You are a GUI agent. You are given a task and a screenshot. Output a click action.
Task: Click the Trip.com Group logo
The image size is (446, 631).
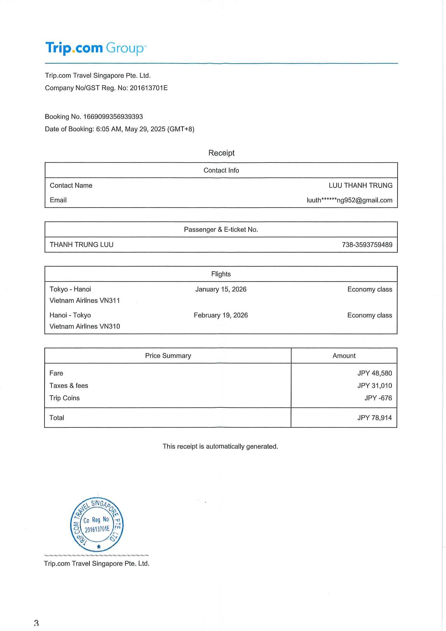[x=96, y=48]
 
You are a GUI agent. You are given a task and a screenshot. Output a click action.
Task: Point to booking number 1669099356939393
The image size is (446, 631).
[x=113, y=116]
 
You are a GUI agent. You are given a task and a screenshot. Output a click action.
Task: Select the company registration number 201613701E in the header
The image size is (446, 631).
[x=149, y=88]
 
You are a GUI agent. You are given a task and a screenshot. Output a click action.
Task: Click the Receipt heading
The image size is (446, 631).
[x=221, y=153]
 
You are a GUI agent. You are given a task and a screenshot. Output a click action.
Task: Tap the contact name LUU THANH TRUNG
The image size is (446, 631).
[x=360, y=186]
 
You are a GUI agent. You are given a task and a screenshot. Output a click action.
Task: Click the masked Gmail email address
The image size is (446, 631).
[x=349, y=200]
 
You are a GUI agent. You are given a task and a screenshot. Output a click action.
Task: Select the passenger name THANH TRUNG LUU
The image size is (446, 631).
[x=82, y=245]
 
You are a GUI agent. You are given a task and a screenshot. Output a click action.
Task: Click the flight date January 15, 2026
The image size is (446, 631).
[x=221, y=289]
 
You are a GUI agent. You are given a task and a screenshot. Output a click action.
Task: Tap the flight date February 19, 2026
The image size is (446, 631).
[x=221, y=315]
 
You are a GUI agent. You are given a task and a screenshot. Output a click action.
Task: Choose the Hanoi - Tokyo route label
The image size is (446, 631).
[x=70, y=315]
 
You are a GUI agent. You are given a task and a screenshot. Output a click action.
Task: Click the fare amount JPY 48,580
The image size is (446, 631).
[x=375, y=373]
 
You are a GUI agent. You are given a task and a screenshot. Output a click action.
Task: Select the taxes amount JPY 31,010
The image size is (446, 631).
[x=375, y=385]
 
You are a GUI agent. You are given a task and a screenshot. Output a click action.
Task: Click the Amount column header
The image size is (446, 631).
[x=344, y=356]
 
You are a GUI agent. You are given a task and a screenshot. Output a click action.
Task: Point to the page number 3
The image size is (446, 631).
[x=37, y=622]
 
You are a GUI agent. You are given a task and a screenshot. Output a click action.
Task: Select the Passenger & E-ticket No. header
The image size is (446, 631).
[x=221, y=229]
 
